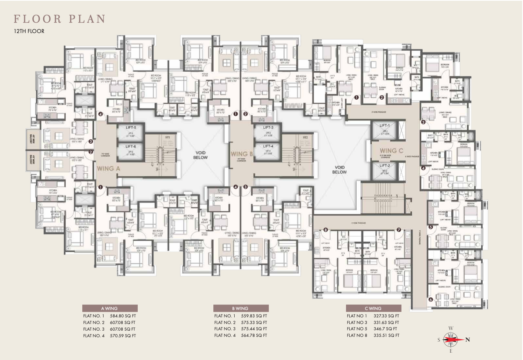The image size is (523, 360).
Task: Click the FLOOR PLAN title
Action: click(60, 19)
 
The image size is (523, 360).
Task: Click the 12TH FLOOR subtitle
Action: click(29, 31)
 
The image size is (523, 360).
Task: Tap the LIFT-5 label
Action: click(131, 128)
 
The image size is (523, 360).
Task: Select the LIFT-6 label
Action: click(131, 147)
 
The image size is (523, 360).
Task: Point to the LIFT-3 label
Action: click(268, 127)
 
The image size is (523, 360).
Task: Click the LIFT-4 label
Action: click(268, 146)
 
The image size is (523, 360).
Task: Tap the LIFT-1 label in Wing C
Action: click(385, 126)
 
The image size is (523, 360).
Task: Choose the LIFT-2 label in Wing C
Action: click(385, 166)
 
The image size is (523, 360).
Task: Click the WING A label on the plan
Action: click(108, 169)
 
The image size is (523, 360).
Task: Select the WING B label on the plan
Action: click(241, 154)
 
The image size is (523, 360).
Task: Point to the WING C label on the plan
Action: click(391, 151)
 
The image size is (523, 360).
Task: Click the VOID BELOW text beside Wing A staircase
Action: click(200, 155)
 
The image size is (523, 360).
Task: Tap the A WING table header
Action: click(109, 309)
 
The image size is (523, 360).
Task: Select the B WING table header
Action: click(240, 309)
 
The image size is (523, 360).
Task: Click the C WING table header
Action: click(373, 309)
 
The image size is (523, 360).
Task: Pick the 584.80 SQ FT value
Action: click(123, 316)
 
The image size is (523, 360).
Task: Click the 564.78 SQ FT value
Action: click(254, 335)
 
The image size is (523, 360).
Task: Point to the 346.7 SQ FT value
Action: click(385, 329)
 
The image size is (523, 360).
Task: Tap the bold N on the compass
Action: click(468, 340)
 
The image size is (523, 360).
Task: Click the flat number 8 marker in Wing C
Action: click(325, 230)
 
